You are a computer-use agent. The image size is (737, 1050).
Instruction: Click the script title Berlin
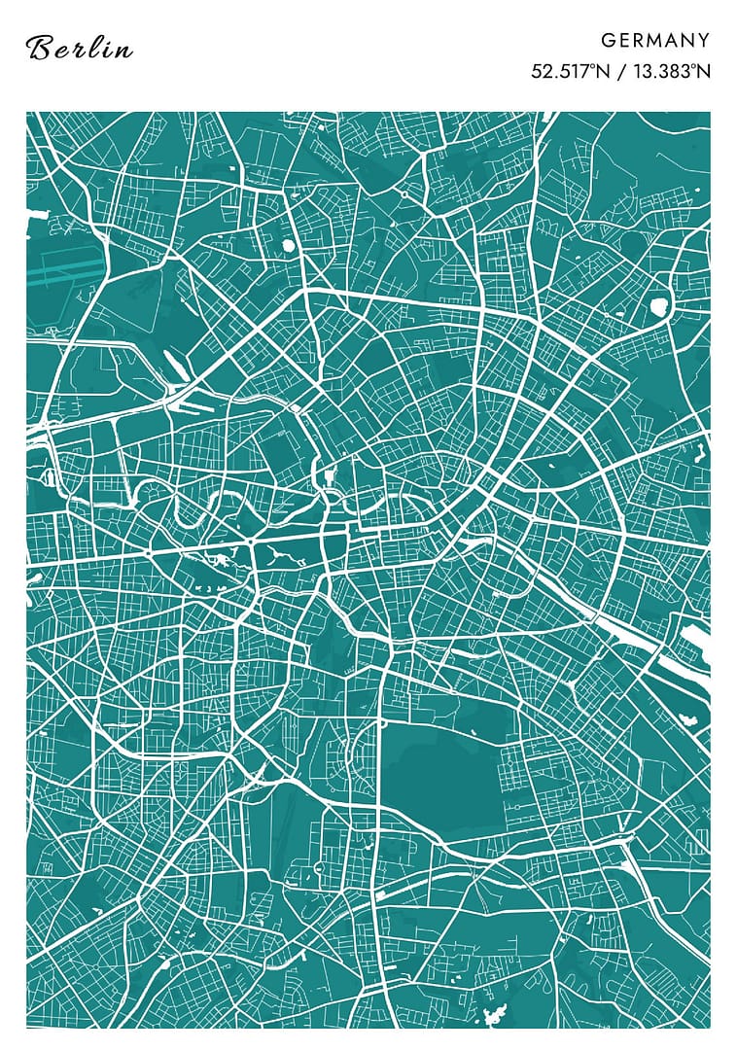[80, 48]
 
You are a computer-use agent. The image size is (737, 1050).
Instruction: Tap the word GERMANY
[655, 40]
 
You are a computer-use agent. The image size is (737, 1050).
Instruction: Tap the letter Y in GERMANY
[703, 40]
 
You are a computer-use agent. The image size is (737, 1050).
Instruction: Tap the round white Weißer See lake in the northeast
[658, 307]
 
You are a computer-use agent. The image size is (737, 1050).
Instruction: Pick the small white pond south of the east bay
[691, 720]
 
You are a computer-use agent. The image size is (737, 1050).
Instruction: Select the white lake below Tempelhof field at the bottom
[497, 1017]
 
